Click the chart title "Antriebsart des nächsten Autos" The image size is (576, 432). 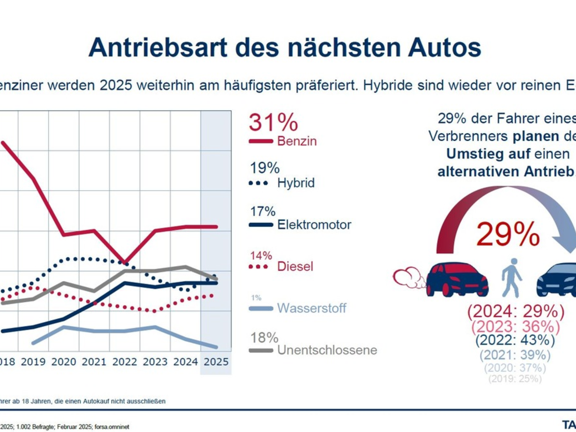(x=284, y=47)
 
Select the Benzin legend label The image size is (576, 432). (x=297, y=141)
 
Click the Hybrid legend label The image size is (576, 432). (x=296, y=183)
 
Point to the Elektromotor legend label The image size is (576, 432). (x=314, y=224)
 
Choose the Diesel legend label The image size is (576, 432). (x=295, y=266)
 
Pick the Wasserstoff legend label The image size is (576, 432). (x=312, y=308)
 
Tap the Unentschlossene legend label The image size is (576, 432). (x=327, y=350)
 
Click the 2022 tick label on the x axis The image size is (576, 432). (x=124, y=361)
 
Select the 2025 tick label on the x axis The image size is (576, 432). (x=216, y=361)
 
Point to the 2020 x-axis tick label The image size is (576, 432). (x=63, y=361)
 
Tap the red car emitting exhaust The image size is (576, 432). (x=456, y=279)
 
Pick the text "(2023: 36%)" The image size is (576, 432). (x=515, y=326)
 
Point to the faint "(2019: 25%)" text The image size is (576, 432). (x=515, y=379)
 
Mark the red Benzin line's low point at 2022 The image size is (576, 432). (x=125, y=263)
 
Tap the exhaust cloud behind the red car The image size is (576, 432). (x=408, y=277)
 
